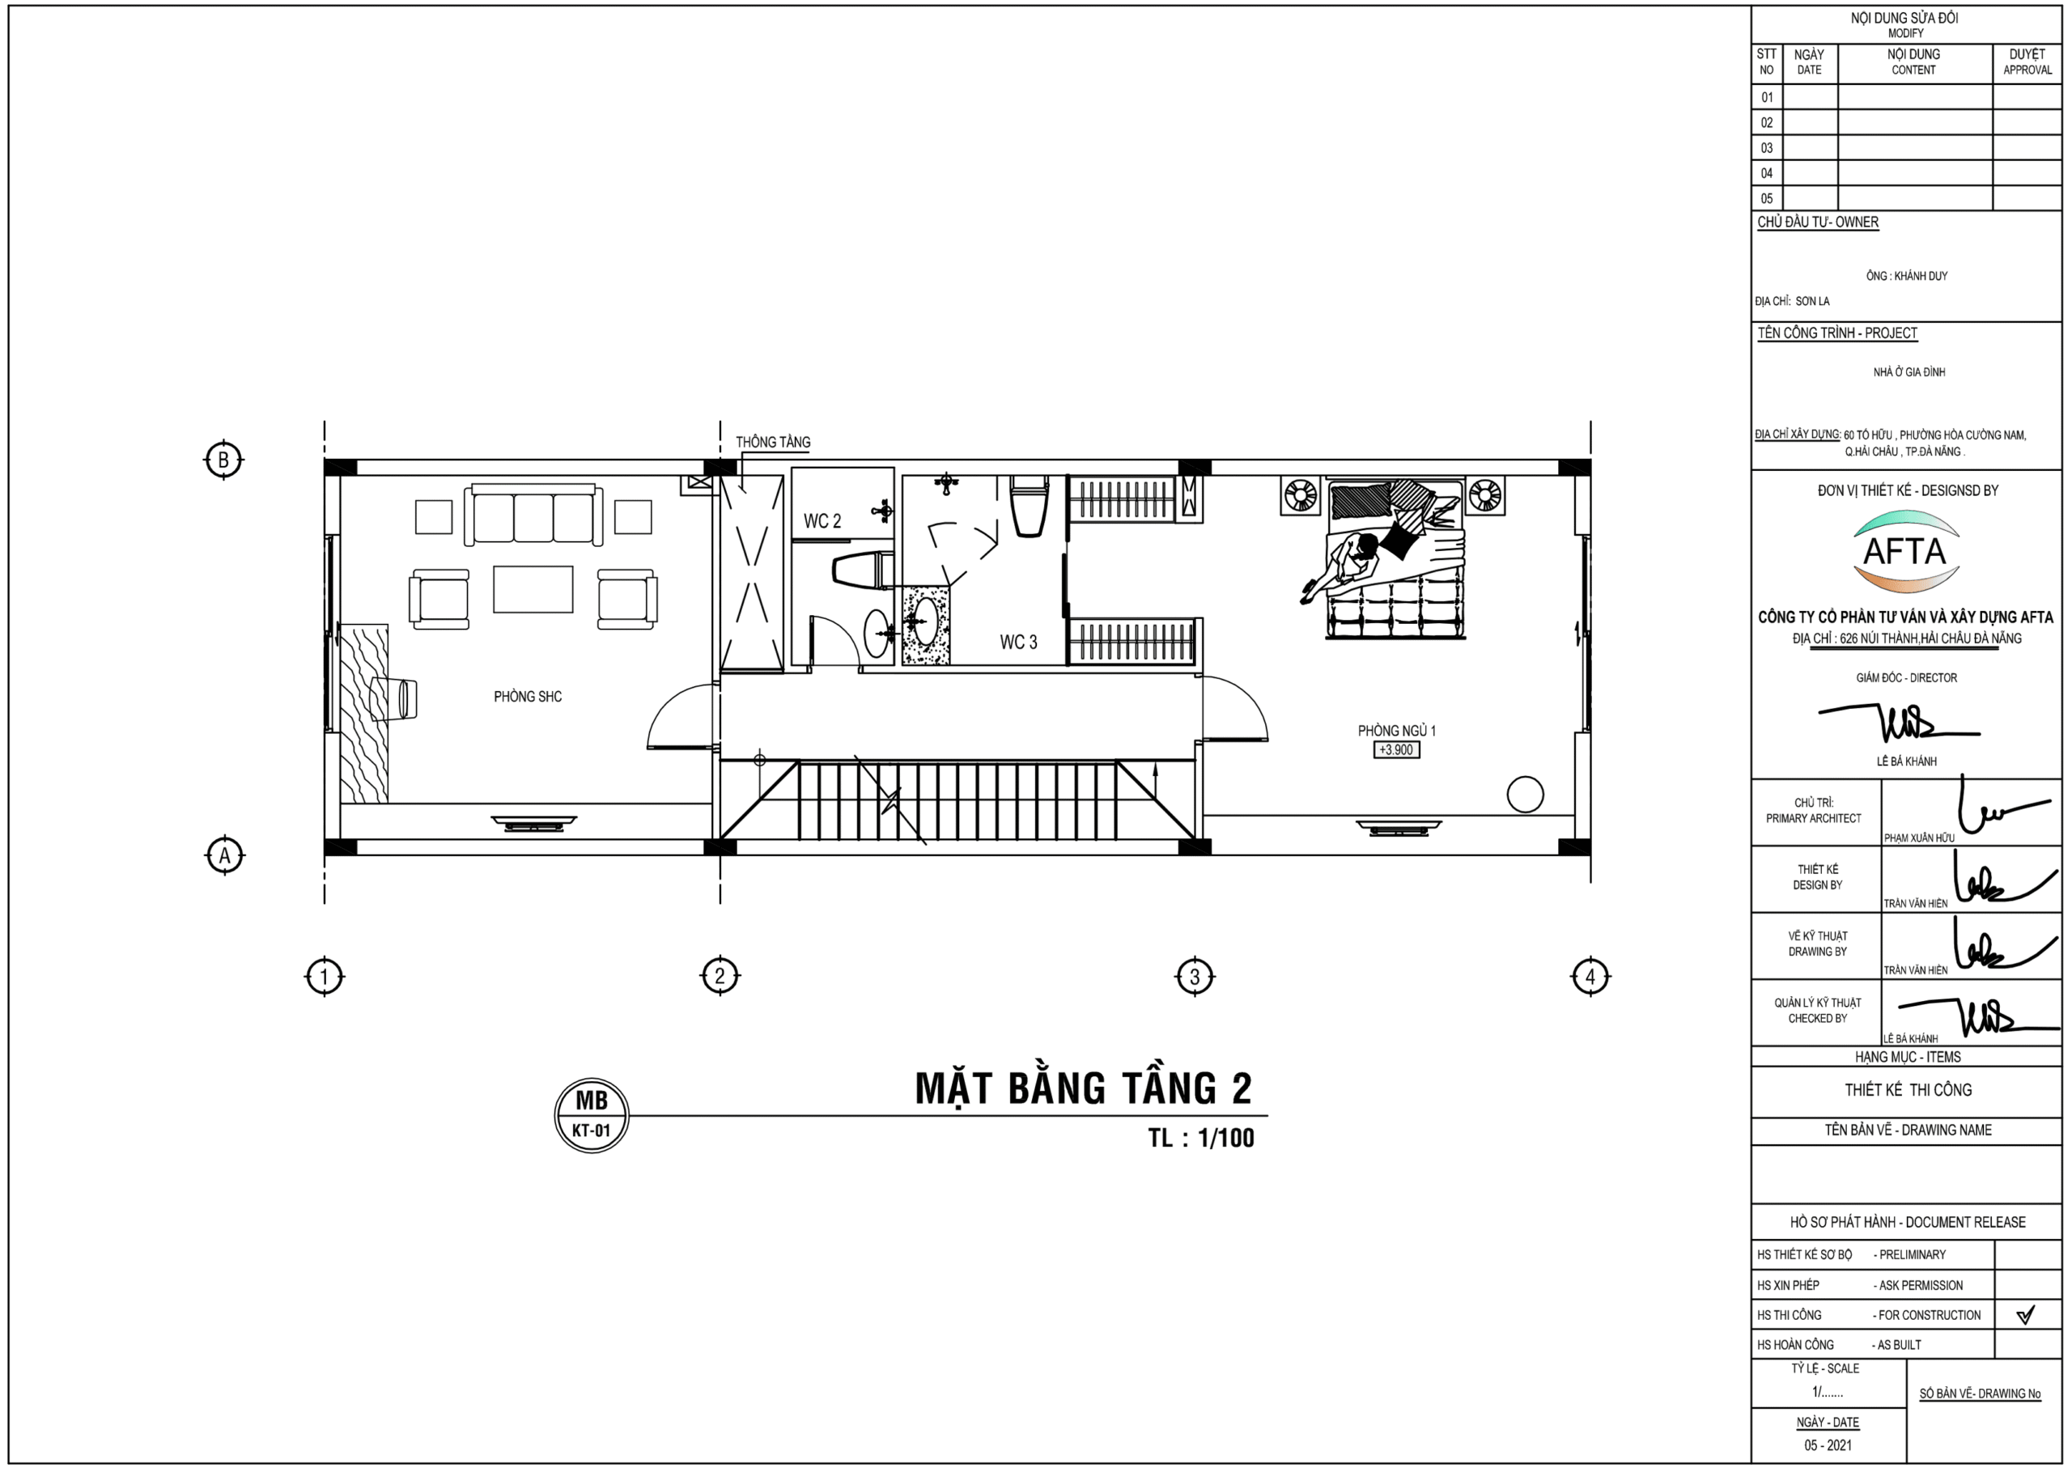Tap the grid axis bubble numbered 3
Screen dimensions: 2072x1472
(x=1195, y=976)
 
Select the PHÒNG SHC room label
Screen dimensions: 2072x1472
(x=528, y=696)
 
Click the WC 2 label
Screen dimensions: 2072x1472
(x=822, y=521)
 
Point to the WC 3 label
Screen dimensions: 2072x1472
(x=1018, y=642)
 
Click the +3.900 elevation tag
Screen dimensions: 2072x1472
(x=1396, y=749)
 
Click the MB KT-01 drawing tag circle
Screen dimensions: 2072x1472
(x=592, y=1115)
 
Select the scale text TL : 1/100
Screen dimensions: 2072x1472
(x=1201, y=1138)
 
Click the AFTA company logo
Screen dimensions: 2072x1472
(x=1905, y=551)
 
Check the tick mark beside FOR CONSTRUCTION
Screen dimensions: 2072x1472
(x=2026, y=1314)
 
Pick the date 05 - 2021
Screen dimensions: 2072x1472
(x=1828, y=1444)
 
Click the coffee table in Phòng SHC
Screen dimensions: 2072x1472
(x=533, y=589)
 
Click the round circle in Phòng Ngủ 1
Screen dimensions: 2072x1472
(x=1526, y=795)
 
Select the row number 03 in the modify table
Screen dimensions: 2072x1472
(x=1767, y=148)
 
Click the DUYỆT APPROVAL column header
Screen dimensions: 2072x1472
(x=2027, y=62)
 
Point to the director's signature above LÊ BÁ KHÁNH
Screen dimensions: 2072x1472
(x=1899, y=723)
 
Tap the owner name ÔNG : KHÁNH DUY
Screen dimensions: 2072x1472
(x=1906, y=276)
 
